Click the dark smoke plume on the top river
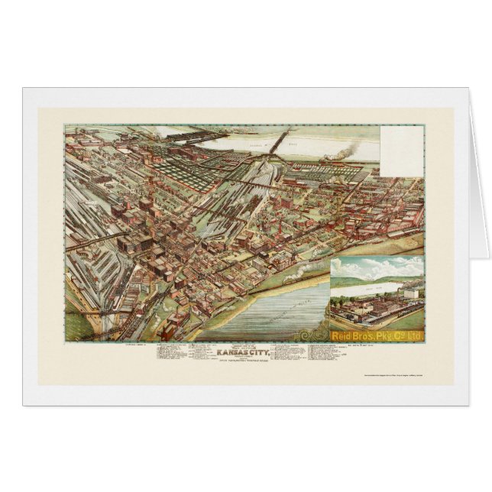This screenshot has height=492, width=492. pyautogui.click(x=339, y=153)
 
